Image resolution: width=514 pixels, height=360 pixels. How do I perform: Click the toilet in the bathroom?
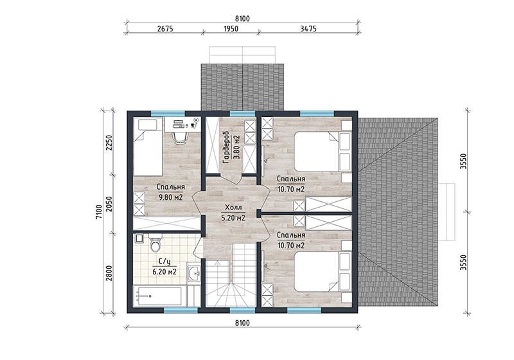155,242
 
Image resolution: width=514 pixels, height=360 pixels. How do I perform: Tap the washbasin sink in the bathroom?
195,273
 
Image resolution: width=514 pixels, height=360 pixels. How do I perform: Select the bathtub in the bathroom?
158,296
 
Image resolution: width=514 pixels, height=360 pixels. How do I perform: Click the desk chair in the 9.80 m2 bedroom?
180,137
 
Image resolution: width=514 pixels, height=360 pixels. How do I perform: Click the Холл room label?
233,208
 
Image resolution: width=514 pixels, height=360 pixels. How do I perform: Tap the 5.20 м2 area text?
233,218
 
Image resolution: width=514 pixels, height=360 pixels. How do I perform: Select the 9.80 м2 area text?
171,197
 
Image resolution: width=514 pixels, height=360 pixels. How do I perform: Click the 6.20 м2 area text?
164,272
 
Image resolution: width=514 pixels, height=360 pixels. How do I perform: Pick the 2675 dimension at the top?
165,29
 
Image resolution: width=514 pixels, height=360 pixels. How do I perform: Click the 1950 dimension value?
231,29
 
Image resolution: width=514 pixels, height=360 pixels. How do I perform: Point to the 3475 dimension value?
308,29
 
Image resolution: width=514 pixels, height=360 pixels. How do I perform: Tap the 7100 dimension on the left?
100,212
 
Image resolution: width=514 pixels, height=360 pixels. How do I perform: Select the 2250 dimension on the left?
109,143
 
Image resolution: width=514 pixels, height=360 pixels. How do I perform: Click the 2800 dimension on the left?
109,273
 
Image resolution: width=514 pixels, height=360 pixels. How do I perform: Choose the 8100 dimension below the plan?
242,323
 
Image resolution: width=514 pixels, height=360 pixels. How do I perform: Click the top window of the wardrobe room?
242,114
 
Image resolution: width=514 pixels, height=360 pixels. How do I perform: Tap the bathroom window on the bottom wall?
181,310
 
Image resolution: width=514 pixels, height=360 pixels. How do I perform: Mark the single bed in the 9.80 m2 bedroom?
148,147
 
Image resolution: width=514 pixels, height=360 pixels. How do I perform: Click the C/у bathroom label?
164,262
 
